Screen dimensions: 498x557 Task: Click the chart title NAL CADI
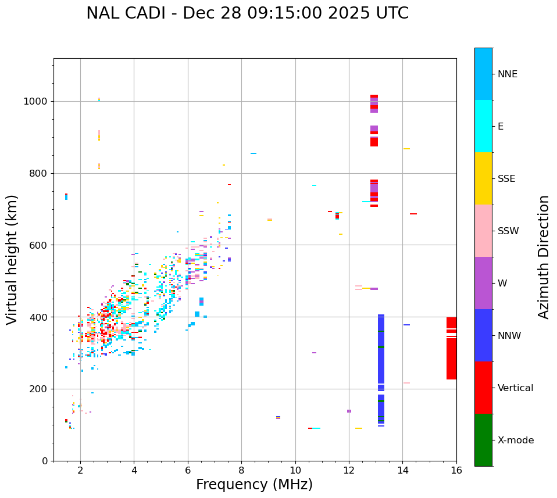tap(247, 13)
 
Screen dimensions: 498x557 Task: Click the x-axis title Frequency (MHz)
tap(254, 485)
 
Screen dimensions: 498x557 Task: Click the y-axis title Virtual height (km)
tap(12, 259)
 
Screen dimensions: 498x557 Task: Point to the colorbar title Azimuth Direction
tap(544, 257)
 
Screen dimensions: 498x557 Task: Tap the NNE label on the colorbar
tap(507, 74)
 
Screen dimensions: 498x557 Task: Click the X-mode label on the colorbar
tap(515, 440)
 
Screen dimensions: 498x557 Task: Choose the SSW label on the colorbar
tap(508, 231)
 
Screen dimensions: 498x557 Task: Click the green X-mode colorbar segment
tap(483, 440)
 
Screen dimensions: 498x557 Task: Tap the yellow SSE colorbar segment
tap(483, 178)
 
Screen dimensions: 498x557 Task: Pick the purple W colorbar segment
tap(483, 283)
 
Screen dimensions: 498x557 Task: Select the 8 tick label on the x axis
tap(241, 470)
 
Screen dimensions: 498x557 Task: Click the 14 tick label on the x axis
tap(403, 470)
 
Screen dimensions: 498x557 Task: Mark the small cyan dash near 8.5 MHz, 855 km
tap(253, 153)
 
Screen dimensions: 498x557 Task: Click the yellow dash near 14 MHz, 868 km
tap(406, 149)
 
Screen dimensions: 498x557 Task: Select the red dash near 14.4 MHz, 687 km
tap(413, 214)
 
